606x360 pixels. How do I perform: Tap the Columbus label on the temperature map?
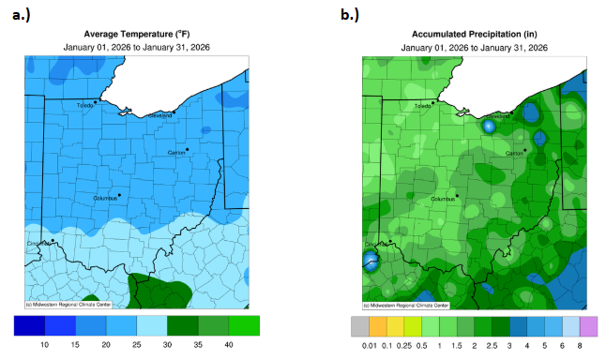coord(105,199)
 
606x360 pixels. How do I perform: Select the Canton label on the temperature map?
coord(175,152)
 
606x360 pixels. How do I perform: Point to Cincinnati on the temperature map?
coord(38,244)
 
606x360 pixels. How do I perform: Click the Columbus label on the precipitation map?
coord(443,199)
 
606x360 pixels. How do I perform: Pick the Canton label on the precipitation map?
coord(513,152)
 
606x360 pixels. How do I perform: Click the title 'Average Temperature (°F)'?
coord(137,32)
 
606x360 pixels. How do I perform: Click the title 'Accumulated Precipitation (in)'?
coord(475,32)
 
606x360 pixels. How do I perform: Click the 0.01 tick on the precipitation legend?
coord(369,346)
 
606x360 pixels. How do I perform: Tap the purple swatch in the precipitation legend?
coord(588,326)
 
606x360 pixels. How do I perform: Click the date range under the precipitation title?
coord(475,47)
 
